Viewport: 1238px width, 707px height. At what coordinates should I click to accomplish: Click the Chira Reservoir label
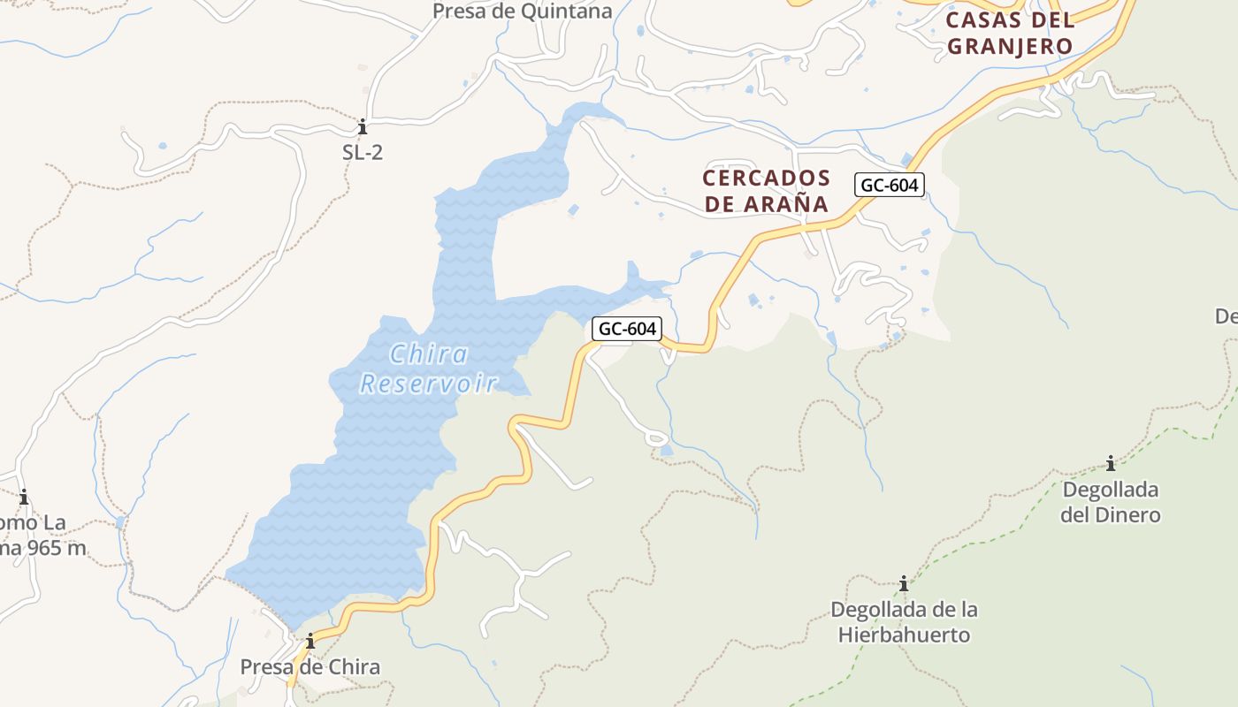[429, 369]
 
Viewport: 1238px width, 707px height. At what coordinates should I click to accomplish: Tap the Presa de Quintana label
[522, 11]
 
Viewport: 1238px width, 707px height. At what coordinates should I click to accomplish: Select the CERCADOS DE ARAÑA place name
[766, 191]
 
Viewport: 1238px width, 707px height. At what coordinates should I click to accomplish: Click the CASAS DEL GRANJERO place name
[1010, 33]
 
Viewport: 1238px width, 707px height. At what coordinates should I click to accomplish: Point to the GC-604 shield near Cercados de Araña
[890, 185]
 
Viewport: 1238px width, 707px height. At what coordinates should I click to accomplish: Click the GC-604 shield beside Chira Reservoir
[627, 329]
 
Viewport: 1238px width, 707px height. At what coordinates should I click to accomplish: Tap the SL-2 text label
[363, 152]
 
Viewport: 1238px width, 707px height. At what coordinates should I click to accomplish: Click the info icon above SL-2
[362, 126]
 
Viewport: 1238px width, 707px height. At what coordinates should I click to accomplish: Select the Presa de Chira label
[310, 667]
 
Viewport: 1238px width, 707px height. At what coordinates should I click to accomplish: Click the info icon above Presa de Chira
[310, 641]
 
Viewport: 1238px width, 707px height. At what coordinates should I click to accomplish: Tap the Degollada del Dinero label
[1110, 502]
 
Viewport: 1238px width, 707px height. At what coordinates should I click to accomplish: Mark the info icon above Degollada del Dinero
[1110, 463]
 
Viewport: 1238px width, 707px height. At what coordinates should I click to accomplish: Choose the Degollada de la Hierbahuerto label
[904, 622]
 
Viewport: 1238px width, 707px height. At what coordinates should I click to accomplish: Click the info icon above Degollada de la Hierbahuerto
[904, 583]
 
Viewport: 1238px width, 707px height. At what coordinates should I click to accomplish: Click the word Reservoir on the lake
[429, 384]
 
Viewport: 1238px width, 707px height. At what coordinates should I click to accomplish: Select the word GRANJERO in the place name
[1010, 46]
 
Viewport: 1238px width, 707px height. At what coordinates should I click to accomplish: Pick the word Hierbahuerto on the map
[904, 635]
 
